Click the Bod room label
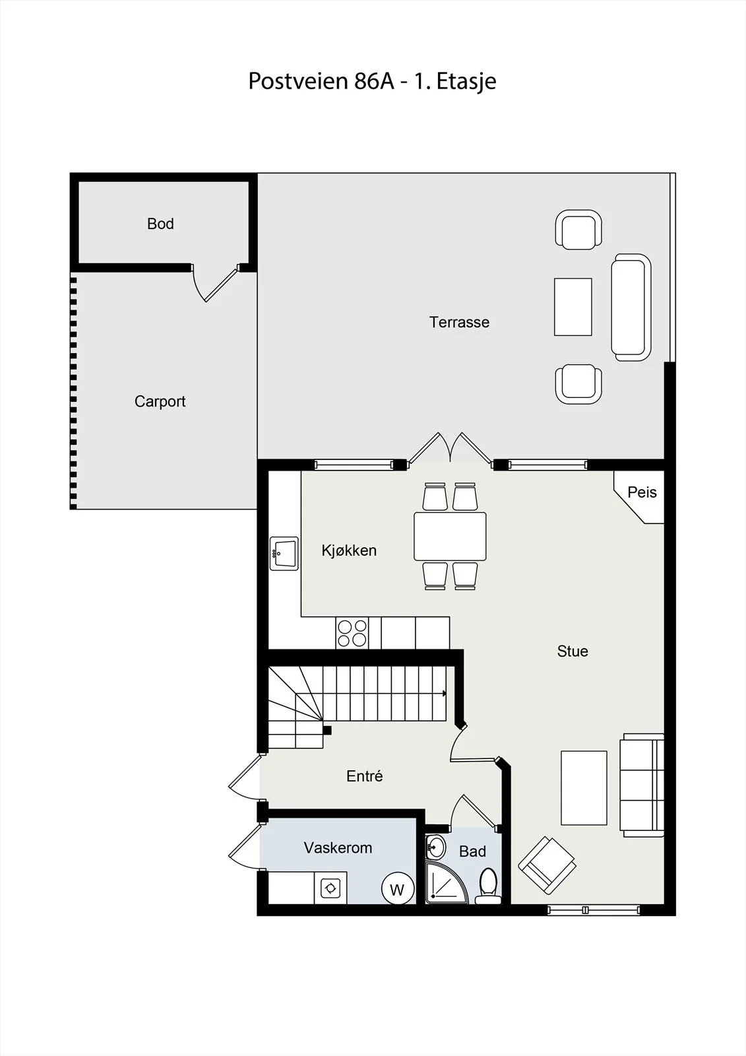(160, 224)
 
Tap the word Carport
(160, 402)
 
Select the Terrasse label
(459, 323)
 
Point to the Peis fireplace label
(642, 492)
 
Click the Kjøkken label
(349, 550)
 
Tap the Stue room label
(573, 651)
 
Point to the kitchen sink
(284, 554)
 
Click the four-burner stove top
(352, 633)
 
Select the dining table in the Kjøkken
(450, 537)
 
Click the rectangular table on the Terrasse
(573, 307)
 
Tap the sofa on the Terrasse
(631, 308)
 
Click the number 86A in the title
(374, 81)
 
